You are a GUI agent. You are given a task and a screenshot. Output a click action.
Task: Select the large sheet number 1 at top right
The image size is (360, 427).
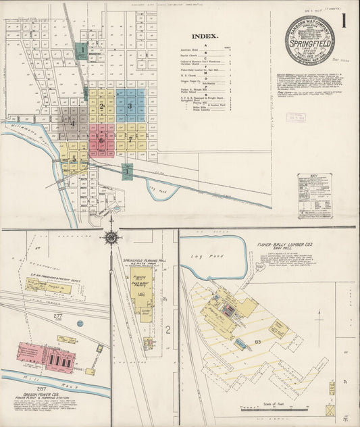(x=344, y=21)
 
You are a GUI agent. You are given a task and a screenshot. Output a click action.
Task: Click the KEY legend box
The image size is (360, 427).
(x=314, y=195)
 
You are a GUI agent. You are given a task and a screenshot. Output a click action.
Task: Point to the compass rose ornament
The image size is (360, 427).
(x=110, y=236)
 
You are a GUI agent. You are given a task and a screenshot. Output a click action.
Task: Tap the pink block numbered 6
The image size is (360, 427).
(x=101, y=141)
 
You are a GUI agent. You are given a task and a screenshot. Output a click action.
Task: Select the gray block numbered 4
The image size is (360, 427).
(x=72, y=123)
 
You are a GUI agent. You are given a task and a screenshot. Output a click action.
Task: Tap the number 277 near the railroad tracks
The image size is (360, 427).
(x=59, y=316)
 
